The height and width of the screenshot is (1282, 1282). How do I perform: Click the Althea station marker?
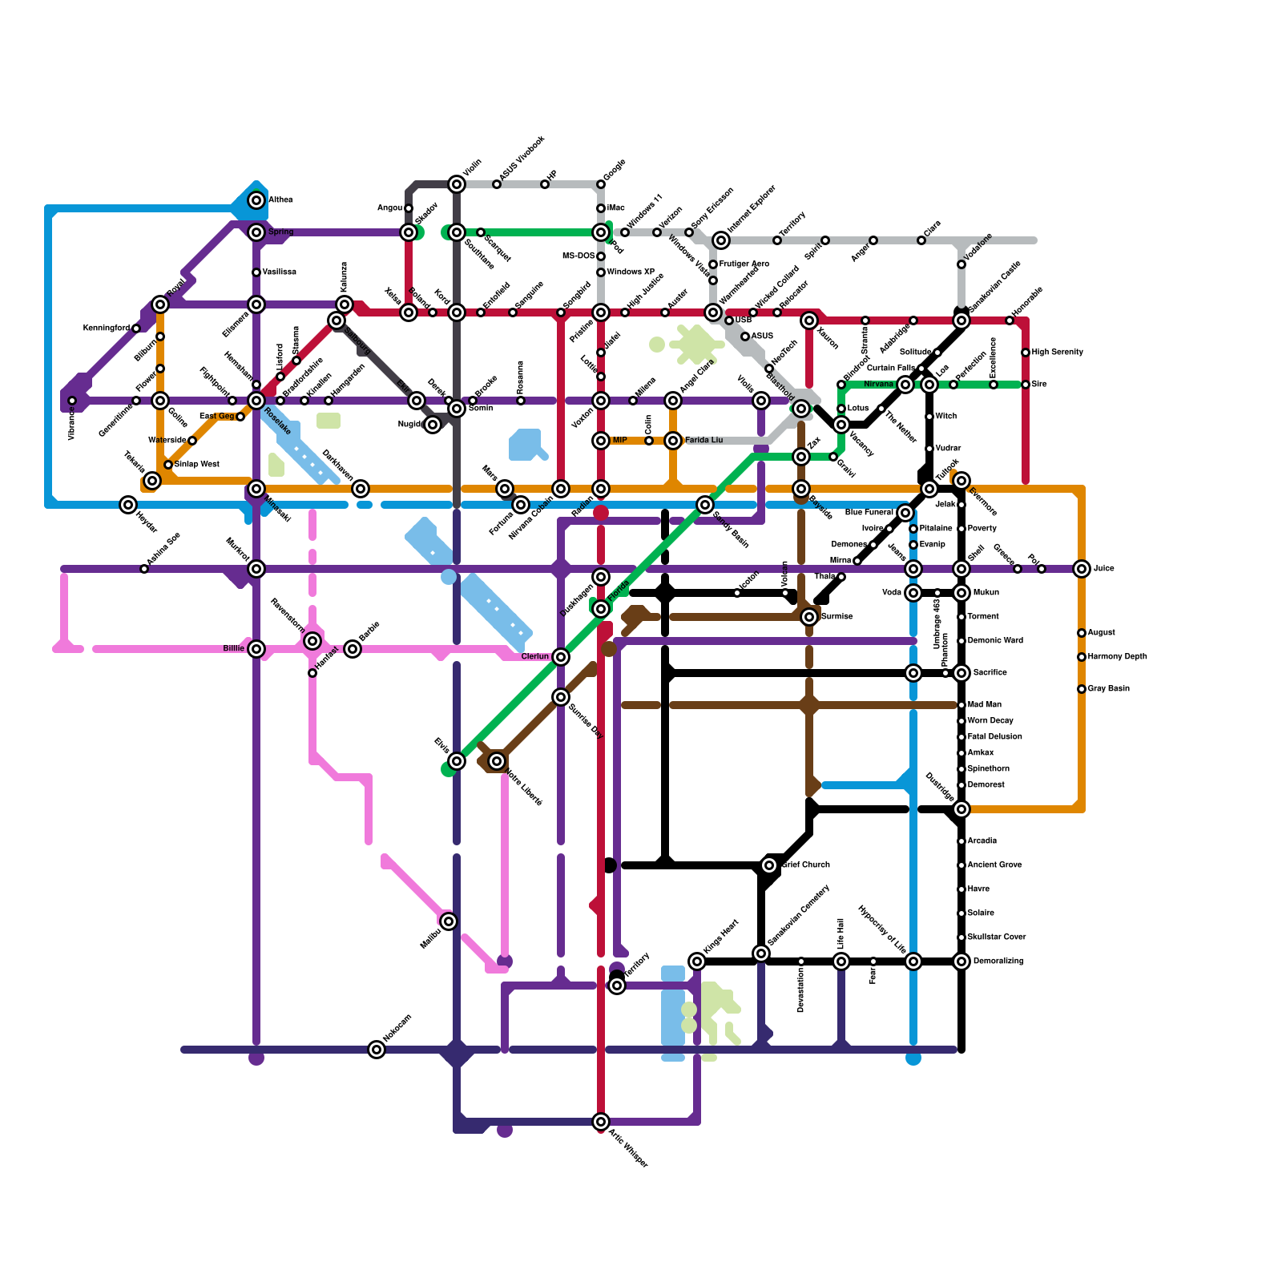(256, 200)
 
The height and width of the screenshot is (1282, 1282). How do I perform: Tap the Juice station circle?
(1082, 569)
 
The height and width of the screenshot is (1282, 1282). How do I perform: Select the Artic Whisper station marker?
(601, 1122)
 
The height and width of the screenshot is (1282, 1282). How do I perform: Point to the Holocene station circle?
(377, 1050)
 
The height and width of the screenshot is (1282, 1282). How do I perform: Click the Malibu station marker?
(449, 921)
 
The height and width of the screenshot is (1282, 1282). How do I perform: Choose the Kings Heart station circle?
(697, 961)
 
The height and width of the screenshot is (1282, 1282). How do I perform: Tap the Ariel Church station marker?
(769, 865)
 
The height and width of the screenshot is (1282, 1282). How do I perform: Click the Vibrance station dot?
(72, 401)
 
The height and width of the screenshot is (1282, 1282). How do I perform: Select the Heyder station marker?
(128, 505)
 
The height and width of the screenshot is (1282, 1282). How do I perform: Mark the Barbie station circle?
(353, 649)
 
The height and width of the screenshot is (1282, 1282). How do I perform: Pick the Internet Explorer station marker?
(721, 240)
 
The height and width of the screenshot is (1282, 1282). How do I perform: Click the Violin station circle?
(457, 184)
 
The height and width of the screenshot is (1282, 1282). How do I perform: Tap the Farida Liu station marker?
(673, 441)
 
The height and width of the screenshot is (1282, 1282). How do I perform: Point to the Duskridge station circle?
(961, 809)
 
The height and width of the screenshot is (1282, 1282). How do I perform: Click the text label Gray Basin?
(1108, 689)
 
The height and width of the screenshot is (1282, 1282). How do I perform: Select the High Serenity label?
(1057, 353)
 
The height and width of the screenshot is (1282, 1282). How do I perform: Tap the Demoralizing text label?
(999, 961)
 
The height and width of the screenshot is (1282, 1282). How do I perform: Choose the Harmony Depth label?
(1117, 657)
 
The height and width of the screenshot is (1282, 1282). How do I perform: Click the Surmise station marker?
(809, 617)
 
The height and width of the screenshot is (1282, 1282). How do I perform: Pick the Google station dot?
(601, 184)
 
